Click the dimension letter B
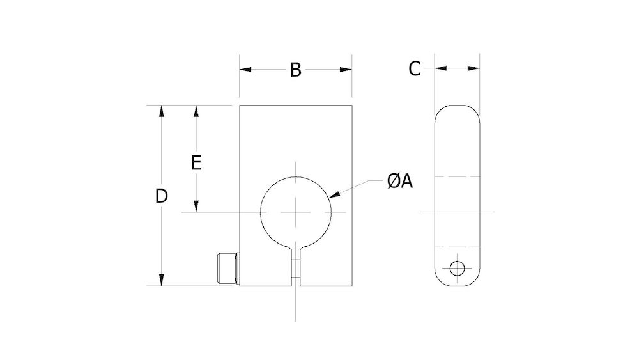click(295, 70)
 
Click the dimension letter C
click(415, 68)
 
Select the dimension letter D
click(162, 196)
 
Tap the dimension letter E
click(197, 162)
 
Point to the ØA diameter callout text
click(400, 182)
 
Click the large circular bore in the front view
click(295, 212)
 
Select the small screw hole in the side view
click(457, 268)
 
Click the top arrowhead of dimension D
click(162, 111)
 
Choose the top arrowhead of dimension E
click(197, 111)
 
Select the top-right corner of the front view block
click(351, 106)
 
